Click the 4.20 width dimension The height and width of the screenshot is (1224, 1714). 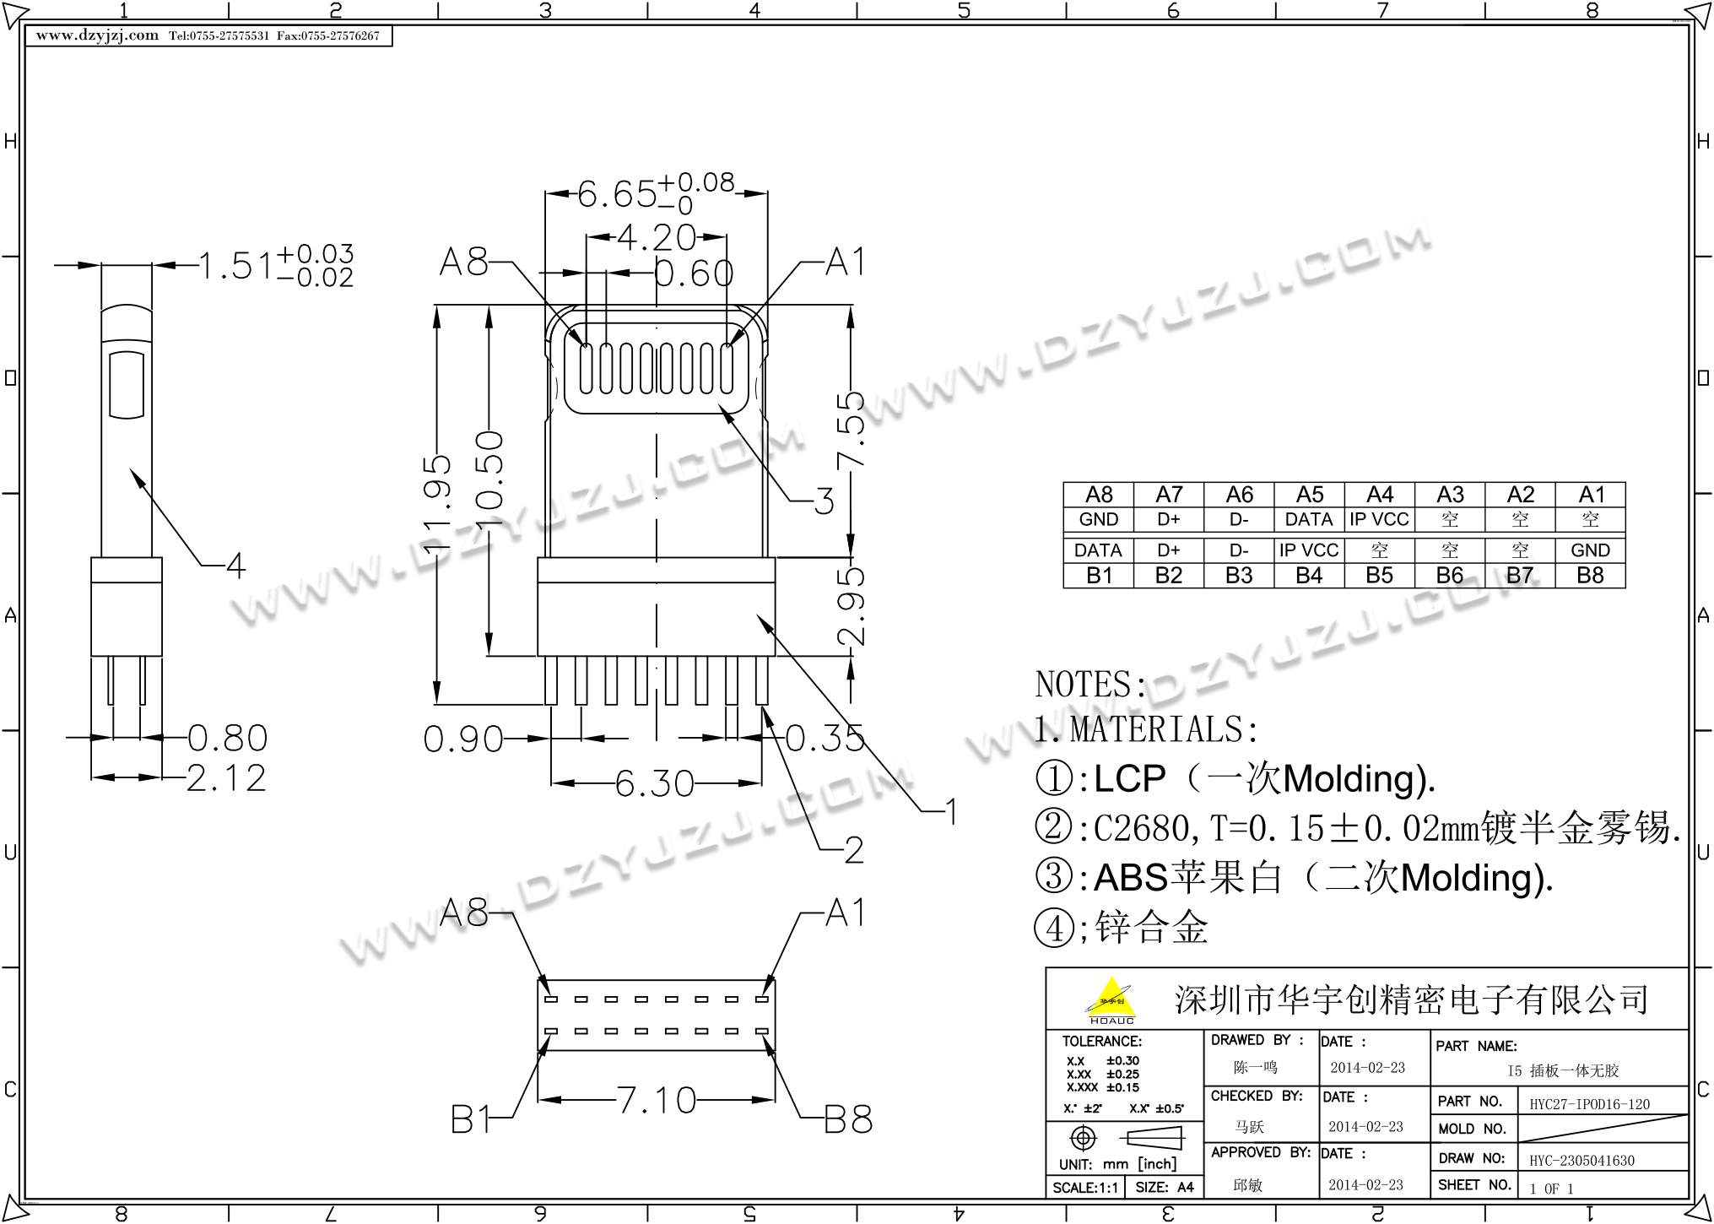click(x=657, y=237)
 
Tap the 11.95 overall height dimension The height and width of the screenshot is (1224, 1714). click(x=437, y=505)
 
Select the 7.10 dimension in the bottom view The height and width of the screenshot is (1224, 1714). click(x=657, y=1100)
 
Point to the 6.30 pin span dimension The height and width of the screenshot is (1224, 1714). click(x=654, y=783)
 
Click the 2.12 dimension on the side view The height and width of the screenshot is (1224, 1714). click(x=226, y=777)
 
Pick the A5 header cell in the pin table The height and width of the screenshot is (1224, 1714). click(x=1309, y=495)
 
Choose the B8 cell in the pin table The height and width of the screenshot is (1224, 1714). click(x=1590, y=576)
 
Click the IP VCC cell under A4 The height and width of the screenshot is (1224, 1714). click(x=1379, y=519)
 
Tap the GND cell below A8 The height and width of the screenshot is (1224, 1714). click(x=1098, y=519)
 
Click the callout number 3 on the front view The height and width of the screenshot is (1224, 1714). click(x=824, y=501)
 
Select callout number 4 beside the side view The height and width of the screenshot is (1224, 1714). click(x=235, y=566)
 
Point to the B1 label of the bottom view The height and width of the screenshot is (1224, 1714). click(x=470, y=1120)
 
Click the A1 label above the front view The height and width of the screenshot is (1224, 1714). click(x=846, y=263)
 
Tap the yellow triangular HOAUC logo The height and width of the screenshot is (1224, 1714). click(x=1111, y=1000)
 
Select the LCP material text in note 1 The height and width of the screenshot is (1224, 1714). click(x=1129, y=778)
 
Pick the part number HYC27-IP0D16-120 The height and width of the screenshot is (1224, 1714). click(x=1589, y=1104)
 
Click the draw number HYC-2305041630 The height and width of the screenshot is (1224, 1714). click(x=1582, y=1161)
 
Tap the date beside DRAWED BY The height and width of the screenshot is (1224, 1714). click(x=1367, y=1068)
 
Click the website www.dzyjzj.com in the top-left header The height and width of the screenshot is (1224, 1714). click(x=97, y=35)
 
